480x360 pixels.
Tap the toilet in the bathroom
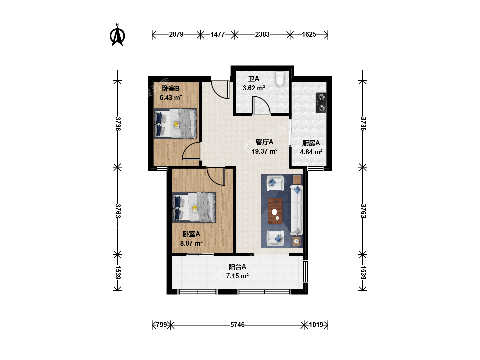280,78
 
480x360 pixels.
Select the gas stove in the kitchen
321,103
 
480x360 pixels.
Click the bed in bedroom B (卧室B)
175,124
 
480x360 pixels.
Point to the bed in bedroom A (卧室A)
194,207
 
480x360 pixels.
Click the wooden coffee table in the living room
275,211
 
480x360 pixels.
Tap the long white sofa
297,210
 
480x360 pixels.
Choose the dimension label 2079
176,34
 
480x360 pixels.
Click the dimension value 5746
237,325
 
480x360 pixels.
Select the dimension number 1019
316,325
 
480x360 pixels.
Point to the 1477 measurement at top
218,34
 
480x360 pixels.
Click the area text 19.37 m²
265,151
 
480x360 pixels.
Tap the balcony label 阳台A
237,267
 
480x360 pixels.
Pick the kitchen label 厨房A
311,143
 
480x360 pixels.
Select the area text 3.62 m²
254,88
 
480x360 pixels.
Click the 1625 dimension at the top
309,34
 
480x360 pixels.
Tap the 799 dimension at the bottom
162,325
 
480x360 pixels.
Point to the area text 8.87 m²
191,243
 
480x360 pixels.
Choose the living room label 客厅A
264,142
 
